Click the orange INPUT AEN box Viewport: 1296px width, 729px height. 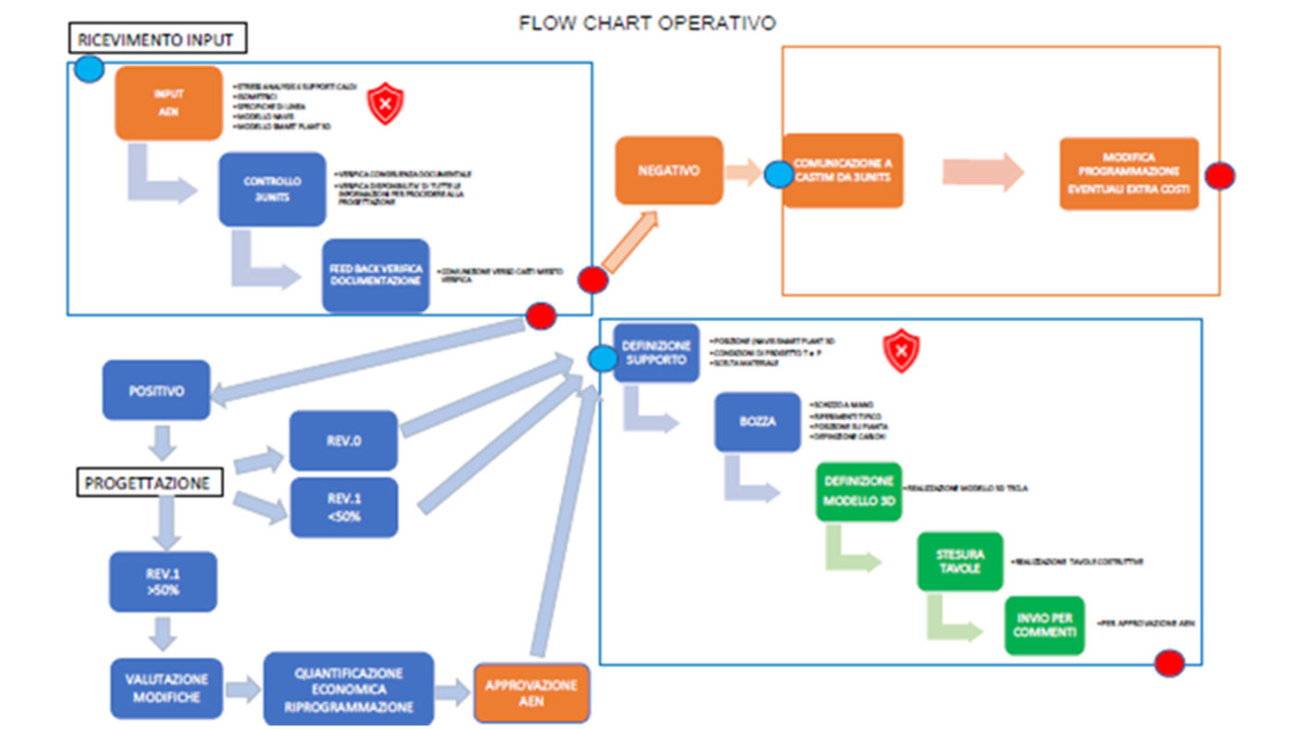[x=169, y=102]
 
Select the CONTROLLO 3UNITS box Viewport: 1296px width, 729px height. [x=271, y=189]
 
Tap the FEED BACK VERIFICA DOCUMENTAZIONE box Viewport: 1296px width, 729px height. [x=375, y=275]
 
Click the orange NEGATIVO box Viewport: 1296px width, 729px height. [x=669, y=171]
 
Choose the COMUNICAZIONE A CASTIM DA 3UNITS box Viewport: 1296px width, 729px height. [x=842, y=171]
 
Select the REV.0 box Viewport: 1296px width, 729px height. [x=343, y=440]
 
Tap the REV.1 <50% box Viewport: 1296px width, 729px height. [x=343, y=508]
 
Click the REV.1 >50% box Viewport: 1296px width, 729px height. [x=162, y=581]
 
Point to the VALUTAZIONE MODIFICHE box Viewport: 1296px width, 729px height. [x=167, y=687]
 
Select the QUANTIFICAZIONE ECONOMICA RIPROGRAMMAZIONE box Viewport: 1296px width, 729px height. [x=348, y=687]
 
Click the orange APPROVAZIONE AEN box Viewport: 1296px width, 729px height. [x=531, y=693]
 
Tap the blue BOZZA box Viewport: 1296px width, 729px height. [x=757, y=422]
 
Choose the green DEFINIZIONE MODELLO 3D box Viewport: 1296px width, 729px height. [x=858, y=492]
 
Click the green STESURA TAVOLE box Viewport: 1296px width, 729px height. [x=959, y=561]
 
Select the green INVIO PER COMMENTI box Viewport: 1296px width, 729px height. [x=1044, y=626]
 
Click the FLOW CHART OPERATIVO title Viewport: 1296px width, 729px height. [x=647, y=23]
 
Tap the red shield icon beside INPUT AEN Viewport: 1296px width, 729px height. [x=385, y=104]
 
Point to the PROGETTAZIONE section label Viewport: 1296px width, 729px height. [x=148, y=483]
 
